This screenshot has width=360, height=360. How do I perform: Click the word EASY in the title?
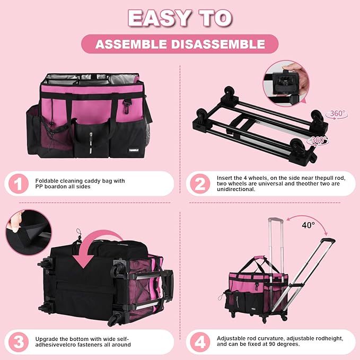click(x=159, y=19)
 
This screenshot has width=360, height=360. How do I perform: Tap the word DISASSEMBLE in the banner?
click(x=218, y=44)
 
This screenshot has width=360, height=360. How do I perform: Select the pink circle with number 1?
click(x=19, y=183)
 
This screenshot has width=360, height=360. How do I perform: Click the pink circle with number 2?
click(x=200, y=183)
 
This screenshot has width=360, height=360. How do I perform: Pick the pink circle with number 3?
click(x=19, y=343)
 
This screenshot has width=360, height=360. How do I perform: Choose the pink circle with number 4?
click(x=200, y=343)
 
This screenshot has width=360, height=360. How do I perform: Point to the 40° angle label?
click(x=309, y=225)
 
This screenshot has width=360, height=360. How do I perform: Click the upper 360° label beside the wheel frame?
click(x=337, y=113)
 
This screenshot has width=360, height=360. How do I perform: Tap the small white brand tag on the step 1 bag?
click(x=134, y=150)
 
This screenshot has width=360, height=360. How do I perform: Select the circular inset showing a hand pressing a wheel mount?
click(x=286, y=84)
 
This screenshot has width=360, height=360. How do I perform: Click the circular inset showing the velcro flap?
click(x=29, y=232)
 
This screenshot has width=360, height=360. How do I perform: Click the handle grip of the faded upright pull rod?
click(x=276, y=221)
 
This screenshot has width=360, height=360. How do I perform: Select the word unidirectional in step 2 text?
click(x=236, y=189)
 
